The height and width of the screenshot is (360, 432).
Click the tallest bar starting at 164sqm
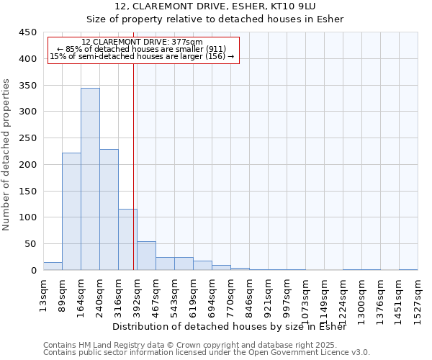pos(90,179)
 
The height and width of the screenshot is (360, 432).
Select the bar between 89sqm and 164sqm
pos(71,212)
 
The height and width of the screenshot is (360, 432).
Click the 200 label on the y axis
pos(28,165)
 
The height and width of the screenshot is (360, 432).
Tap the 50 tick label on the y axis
pos(31,244)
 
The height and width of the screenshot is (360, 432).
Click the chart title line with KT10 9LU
pos(215,6)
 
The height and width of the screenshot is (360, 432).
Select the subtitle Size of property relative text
pos(215,19)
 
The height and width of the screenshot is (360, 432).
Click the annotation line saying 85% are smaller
pos(142,49)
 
